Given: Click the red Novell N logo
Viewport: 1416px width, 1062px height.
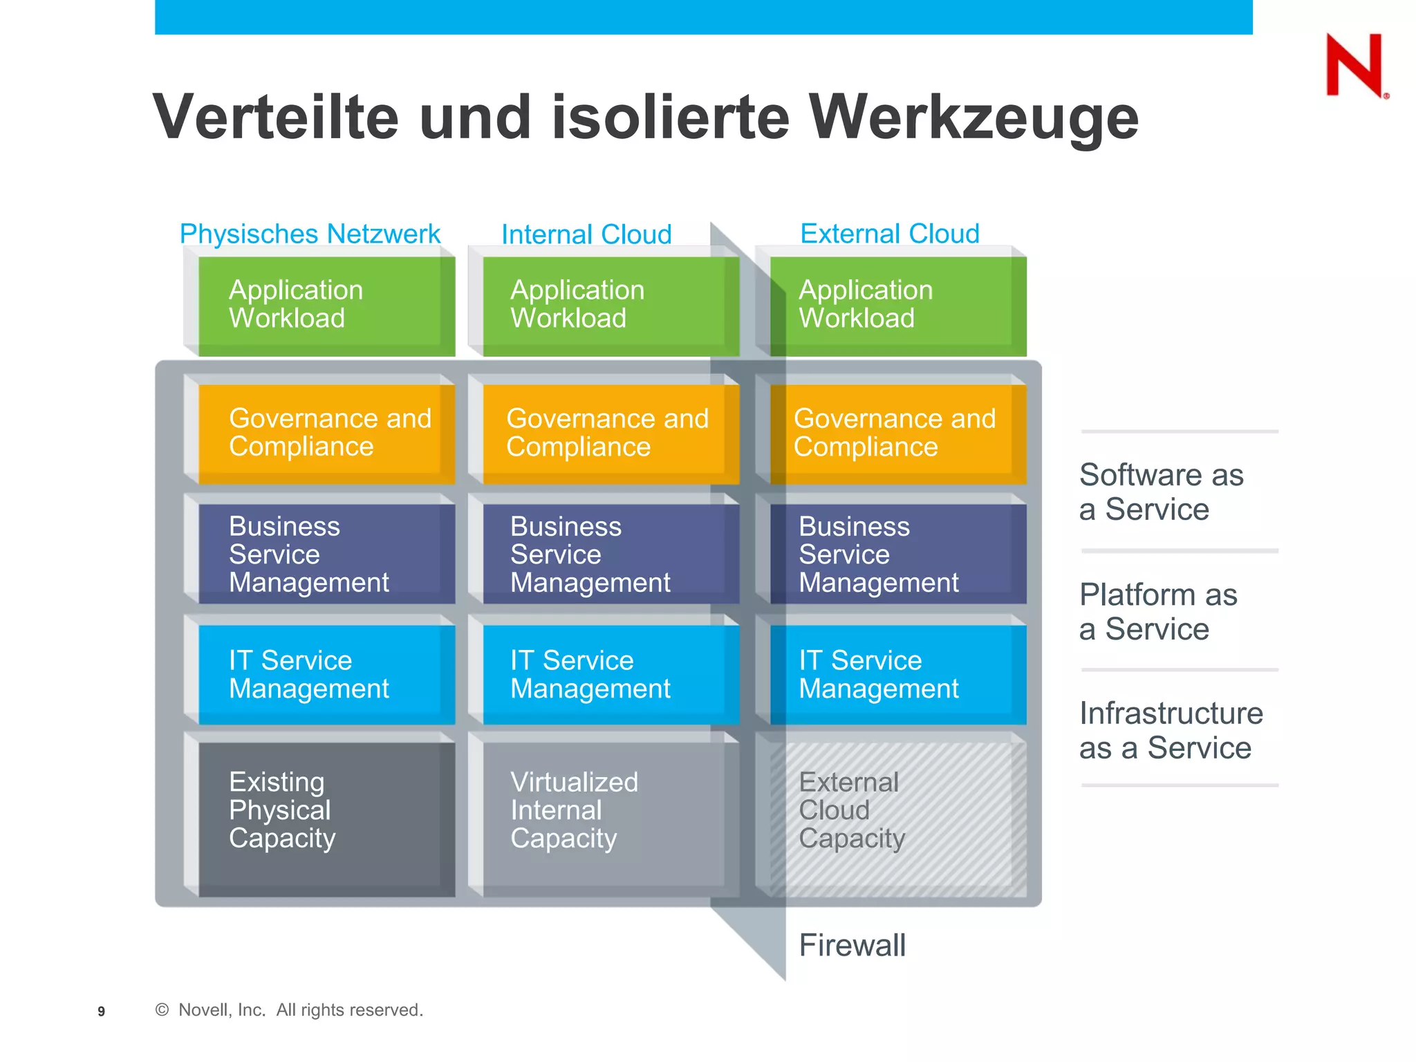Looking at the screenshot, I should pos(1354,66).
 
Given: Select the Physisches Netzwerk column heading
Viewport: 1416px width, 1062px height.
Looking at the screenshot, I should pos(310,234).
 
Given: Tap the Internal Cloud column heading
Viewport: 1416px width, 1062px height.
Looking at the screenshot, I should pos(586,234).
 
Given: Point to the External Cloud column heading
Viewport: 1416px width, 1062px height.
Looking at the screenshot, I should pos(890,234).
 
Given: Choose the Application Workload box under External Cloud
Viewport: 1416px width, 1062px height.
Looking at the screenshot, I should pos(897,306).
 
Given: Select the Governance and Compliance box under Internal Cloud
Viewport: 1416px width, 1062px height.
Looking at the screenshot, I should pos(610,433).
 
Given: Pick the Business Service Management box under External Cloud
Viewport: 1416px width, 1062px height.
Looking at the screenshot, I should pos(897,554).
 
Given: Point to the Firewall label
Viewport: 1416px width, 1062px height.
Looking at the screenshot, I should pos(852,945).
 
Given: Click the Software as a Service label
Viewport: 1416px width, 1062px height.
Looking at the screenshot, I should pos(1162,492).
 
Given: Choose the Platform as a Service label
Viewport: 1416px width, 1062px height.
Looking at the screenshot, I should pos(1158,611).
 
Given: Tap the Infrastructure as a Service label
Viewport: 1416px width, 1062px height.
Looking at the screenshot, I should pos(1171,730).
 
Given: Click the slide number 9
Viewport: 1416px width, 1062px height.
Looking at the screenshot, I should pos(101,1012).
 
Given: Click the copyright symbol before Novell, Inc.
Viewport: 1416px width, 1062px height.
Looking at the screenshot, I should pos(162,1010).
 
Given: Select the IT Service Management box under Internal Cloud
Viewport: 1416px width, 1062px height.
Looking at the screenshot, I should pos(610,674).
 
